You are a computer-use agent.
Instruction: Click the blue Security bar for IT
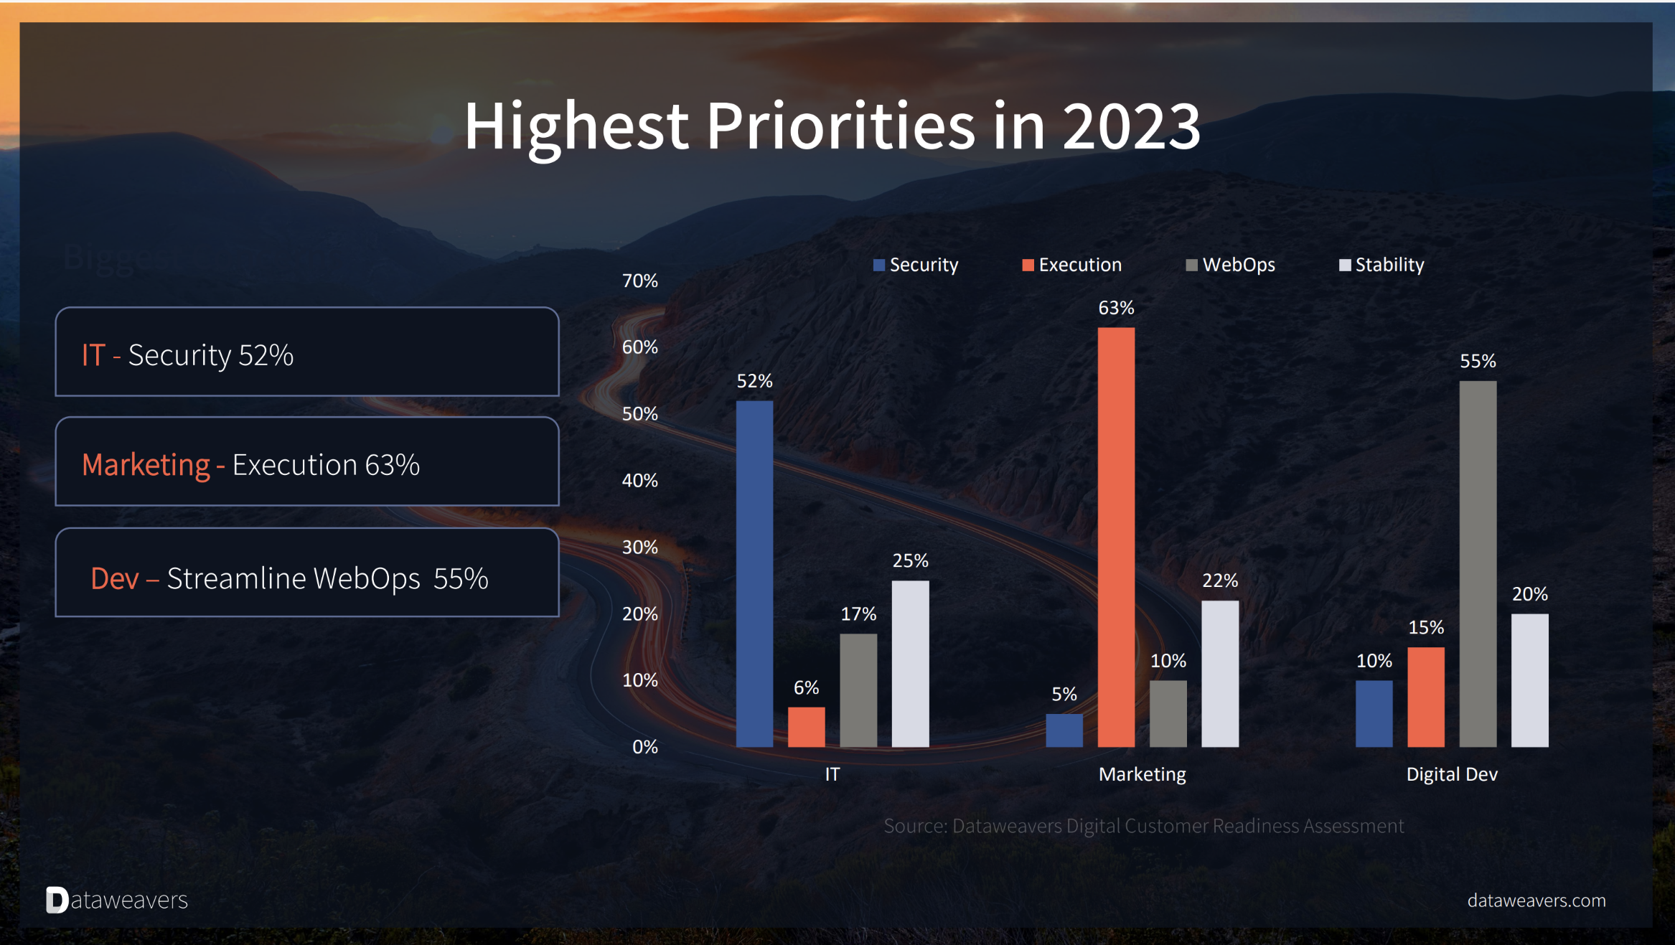754,573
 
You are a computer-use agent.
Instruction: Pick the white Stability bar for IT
910,663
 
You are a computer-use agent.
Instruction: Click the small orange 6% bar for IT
806,727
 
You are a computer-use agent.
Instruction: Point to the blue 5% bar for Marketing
1064,730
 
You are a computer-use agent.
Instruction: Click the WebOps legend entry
1231,265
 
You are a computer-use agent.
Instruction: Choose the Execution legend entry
1072,265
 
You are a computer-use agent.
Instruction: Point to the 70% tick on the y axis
639,281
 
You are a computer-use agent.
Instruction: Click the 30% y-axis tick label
639,547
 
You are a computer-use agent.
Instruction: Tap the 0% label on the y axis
644,746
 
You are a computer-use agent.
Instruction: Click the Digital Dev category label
1451,774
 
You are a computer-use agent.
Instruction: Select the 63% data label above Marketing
1116,308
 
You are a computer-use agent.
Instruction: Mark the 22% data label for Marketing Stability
1219,580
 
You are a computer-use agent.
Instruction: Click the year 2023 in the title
1131,126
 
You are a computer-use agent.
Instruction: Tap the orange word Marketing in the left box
146,465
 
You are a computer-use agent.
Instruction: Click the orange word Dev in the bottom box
115,578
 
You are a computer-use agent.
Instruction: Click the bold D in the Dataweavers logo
57,900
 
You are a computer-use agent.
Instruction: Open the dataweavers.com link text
1536,901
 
